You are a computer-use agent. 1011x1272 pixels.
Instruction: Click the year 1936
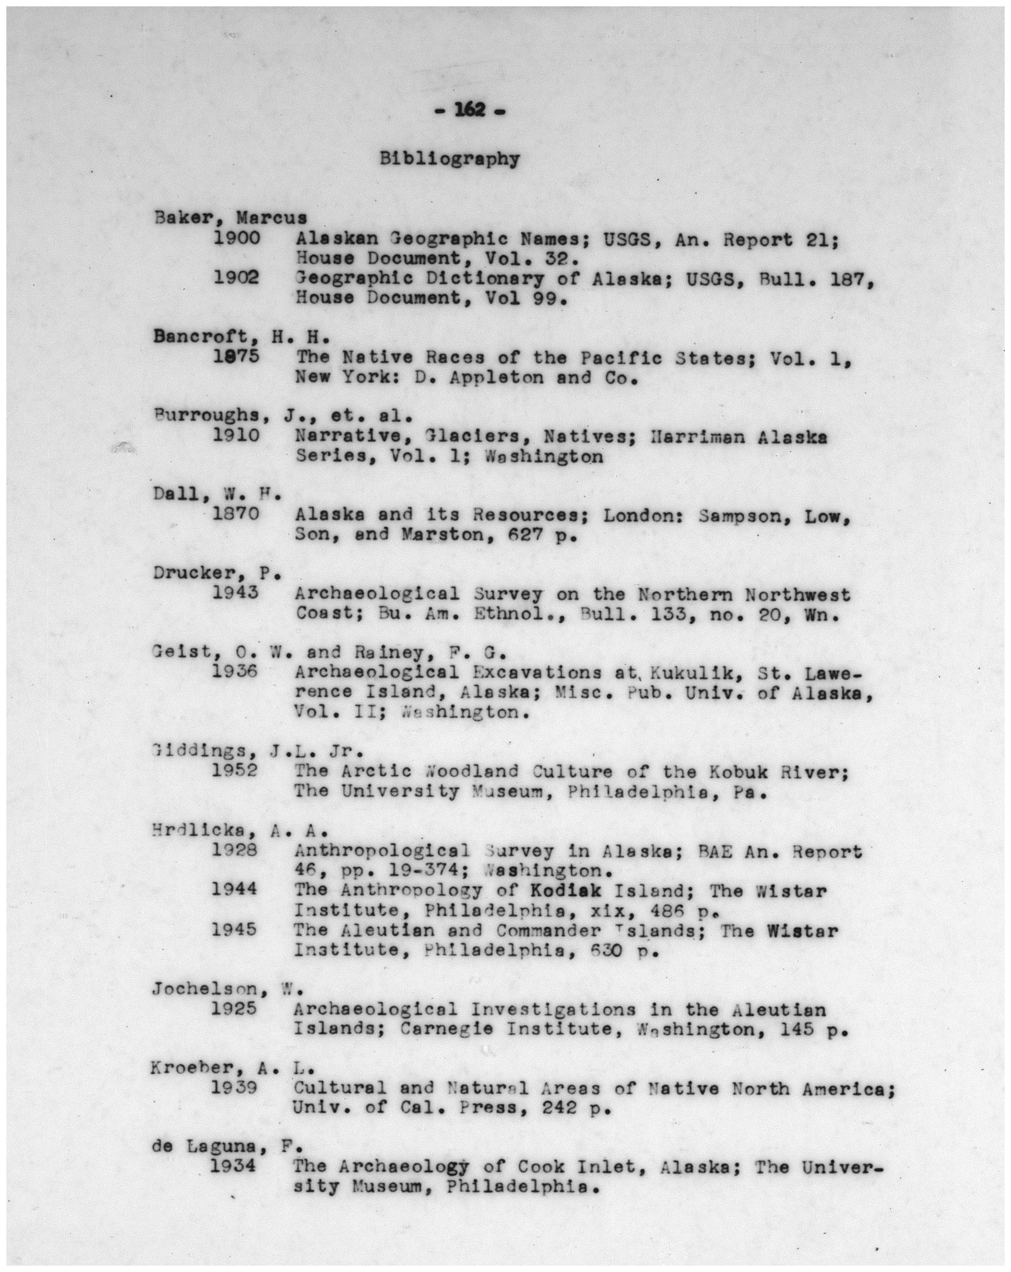pyautogui.click(x=235, y=672)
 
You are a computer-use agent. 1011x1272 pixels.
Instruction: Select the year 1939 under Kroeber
pyautogui.click(x=234, y=1087)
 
